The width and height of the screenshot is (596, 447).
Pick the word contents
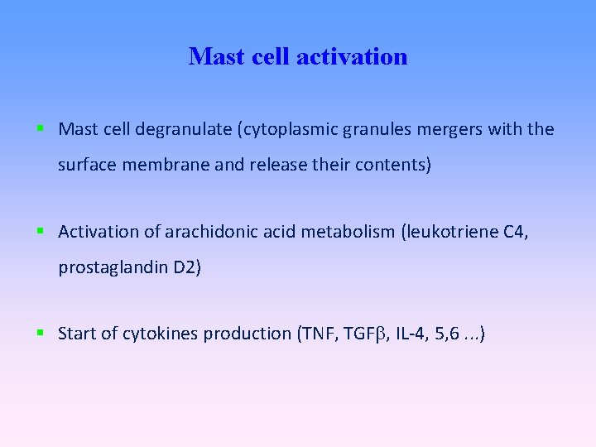[393, 165]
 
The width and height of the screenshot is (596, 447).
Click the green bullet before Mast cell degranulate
[40, 129]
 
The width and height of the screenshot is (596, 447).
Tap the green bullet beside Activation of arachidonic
[40, 232]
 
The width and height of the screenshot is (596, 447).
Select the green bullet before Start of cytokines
[40, 334]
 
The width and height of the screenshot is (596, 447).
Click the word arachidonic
[211, 232]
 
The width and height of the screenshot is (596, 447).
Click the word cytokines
[160, 334]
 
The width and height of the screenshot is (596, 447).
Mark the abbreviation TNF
[315, 334]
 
